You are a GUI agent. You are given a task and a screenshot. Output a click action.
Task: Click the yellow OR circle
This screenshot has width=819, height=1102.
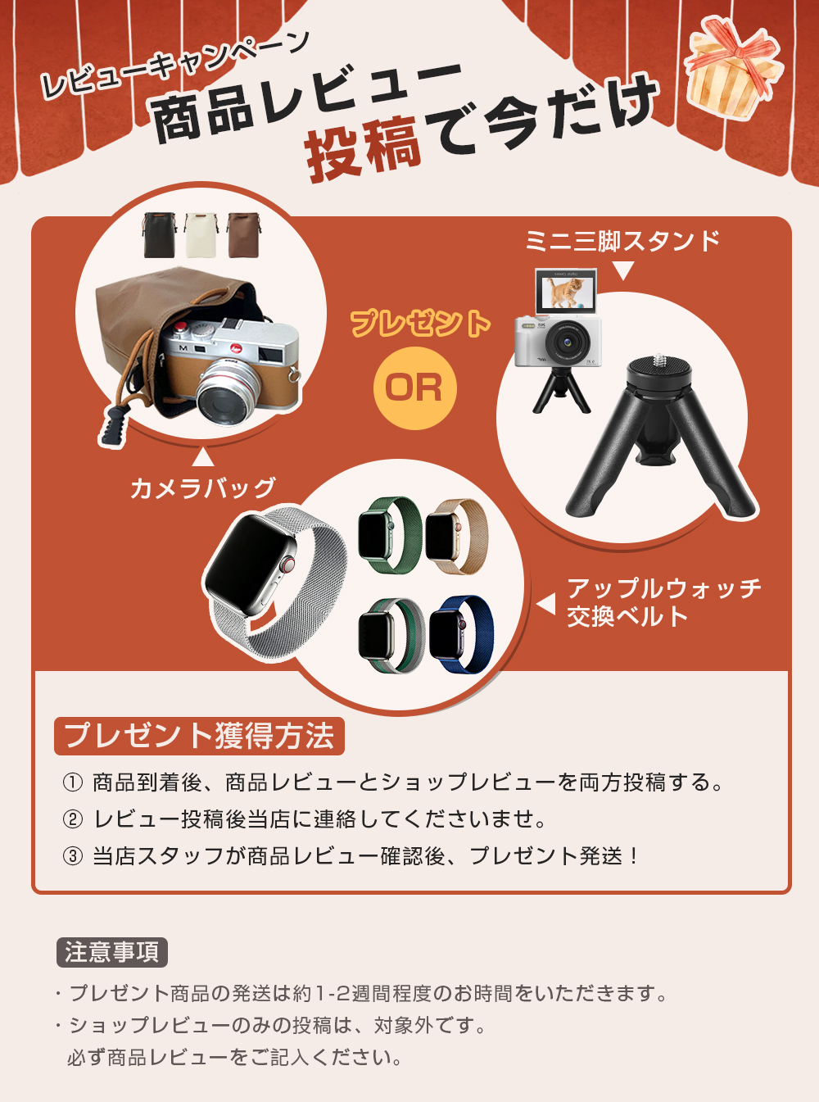point(414,388)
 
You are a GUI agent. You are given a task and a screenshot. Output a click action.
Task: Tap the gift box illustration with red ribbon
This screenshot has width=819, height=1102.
point(732,67)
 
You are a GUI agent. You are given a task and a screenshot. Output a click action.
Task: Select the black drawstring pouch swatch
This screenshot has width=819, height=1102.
point(160,235)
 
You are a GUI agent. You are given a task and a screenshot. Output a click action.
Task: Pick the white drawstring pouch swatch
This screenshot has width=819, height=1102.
point(201,235)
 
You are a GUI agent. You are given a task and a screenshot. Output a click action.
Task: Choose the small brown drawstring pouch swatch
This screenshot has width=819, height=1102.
point(243,235)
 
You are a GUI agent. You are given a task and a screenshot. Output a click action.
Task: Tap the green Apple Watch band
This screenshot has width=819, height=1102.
point(390,535)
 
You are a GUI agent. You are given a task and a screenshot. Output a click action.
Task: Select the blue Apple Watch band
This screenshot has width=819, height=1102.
point(461,634)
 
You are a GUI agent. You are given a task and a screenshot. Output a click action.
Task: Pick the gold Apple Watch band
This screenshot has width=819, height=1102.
point(456,536)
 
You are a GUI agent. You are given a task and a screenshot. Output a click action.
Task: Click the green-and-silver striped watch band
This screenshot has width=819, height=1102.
point(391,636)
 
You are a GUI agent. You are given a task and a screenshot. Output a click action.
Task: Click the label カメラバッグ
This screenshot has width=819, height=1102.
point(202,488)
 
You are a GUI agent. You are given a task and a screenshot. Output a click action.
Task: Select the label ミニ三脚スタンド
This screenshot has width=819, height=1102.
point(622,241)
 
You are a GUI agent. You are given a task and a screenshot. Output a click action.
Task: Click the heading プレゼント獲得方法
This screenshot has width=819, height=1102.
point(199,736)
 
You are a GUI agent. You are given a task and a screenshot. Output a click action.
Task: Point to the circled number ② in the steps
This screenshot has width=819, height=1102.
point(73,819)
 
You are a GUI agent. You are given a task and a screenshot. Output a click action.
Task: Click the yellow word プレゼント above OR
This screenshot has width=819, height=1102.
point(421,323)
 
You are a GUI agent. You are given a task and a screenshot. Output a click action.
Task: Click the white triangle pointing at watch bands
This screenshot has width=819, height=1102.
point(545,604)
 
